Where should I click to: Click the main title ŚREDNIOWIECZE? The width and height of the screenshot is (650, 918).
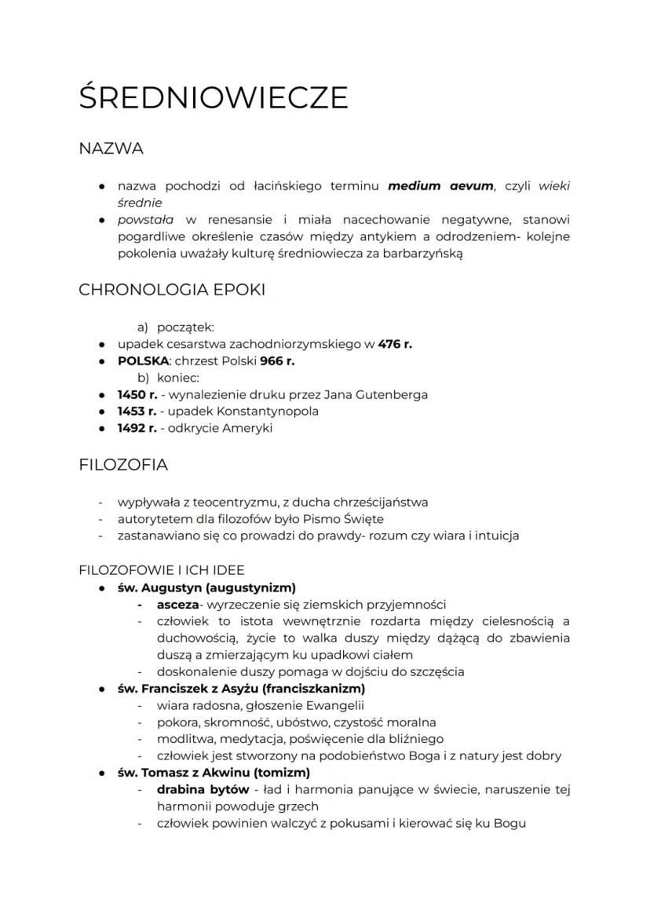pyautogui.click(x=213, y=97)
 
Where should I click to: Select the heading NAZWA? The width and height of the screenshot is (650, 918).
pyautogui.click(x=111, y=148)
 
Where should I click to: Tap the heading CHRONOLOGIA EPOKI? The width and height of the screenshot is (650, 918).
pyautogui.click(x=172, y=290)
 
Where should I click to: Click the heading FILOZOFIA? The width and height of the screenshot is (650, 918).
pyautogui.click(x=123, y=465)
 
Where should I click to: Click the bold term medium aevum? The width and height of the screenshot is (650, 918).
pyautogui.click(x=440, y=186)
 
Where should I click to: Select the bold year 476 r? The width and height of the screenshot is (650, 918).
pyautogui.click(x=395, y=344)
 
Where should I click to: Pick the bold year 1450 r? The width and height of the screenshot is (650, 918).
pyautogui.click(x=137, y=394)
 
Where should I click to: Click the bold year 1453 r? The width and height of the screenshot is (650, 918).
pyautogui.click(x=137, y=411)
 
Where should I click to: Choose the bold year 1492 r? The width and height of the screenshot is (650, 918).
pyautogui.click(x=137, y=429)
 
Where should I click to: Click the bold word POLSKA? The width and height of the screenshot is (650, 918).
pyautogui.click(x=143, y=361)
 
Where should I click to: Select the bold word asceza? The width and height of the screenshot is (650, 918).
pyautogui.click(x=177, y=605)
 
